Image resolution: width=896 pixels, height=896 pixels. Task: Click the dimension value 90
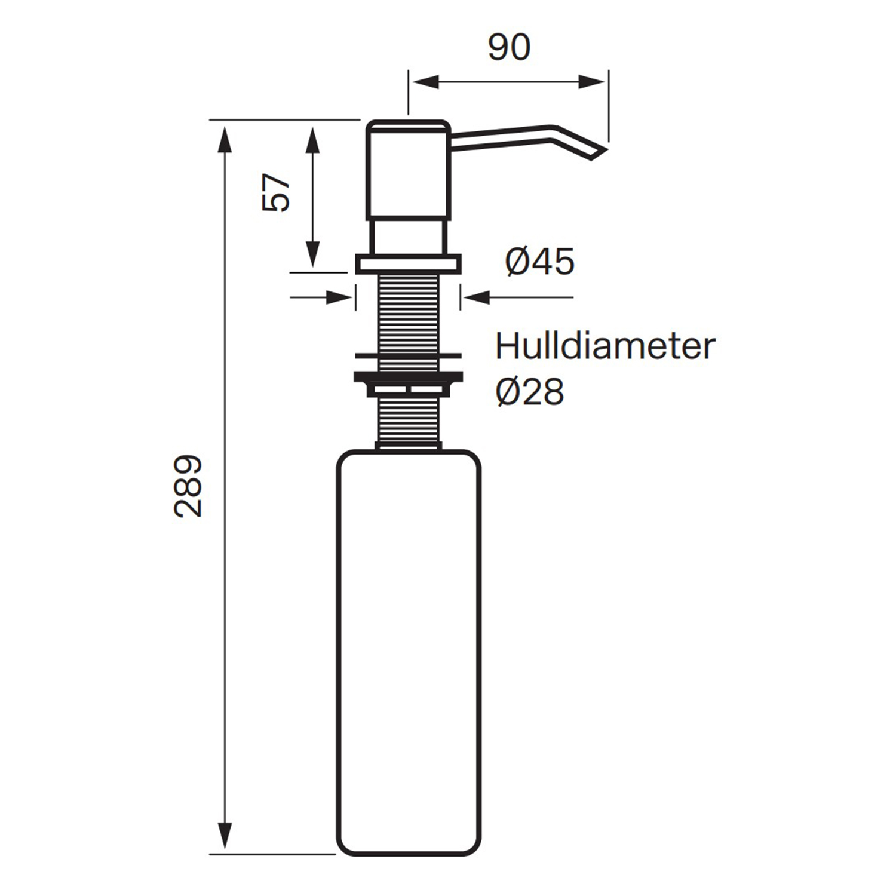click(509, 48)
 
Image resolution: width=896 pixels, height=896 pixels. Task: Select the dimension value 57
click(276, 192)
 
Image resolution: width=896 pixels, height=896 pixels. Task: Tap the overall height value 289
click(188, 486)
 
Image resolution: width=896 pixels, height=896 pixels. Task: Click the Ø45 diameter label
click(539, 262)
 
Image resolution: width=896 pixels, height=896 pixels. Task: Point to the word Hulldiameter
click(605, 346)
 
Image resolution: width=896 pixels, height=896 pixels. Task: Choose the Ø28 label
click(530, 392)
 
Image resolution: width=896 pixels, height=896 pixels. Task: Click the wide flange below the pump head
click(408, 264)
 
